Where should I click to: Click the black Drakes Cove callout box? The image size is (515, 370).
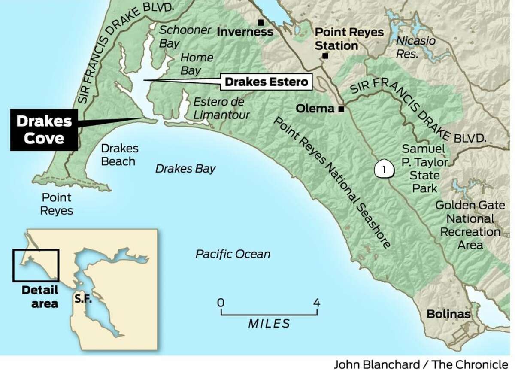click(x=44, y=129)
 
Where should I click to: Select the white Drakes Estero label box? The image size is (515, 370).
click(x=266, y=82)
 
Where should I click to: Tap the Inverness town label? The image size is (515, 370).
click(x=245, y=32)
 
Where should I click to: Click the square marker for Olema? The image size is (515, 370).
click(x=341, y=109)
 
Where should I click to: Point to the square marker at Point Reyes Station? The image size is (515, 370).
click(x=325, y=56)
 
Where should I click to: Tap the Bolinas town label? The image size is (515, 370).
click(x=448, y=314)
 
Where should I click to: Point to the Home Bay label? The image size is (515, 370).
click(x=197, y=64)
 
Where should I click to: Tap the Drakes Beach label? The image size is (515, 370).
click(x=119, y=155)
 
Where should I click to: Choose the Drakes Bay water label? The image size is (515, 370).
click(x=185, y=169)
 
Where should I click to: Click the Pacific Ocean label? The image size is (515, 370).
click(x=233, y=254)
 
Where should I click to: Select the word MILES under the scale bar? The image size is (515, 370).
click(x=269, y=323)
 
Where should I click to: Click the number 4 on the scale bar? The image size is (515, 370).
click(x=317, y=302)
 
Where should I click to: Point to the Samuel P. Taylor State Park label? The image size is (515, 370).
click(x=424, y=168)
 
